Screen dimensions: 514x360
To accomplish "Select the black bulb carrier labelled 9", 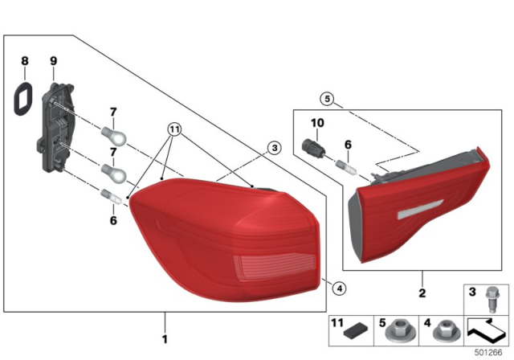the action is pos(56,127).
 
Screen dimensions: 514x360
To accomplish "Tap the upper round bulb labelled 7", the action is pos(113,137).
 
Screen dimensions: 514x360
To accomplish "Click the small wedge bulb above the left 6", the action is pos(111,196).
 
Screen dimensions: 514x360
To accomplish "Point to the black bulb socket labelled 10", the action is pos(313,149).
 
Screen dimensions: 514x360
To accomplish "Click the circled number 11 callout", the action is pos(174,129).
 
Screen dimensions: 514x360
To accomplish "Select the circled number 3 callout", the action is pos(275,148).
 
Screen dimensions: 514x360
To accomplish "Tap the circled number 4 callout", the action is pos(339,288).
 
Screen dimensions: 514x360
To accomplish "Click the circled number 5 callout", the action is pos(327,98).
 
